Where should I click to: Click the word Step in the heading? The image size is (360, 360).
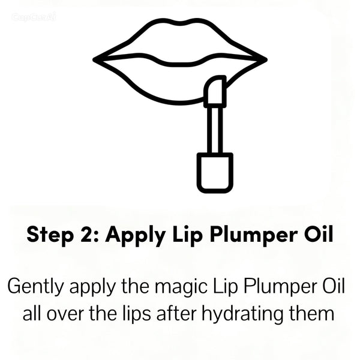click(x=49, y=235)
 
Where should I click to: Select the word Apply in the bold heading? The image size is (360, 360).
click(x=136, y=235)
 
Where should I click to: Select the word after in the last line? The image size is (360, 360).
click(x=176, y=314)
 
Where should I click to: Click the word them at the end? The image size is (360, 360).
click(x=311, y=314)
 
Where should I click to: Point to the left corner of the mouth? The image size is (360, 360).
click(x=94, y=60)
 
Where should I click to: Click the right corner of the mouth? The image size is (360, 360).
click(x=266, y=60)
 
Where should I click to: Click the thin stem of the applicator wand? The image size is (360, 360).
click(x=215, y=130)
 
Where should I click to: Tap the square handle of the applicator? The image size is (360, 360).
click(x=215, y=173)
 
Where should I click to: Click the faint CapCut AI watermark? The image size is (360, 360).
click(x=34, y=17)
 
